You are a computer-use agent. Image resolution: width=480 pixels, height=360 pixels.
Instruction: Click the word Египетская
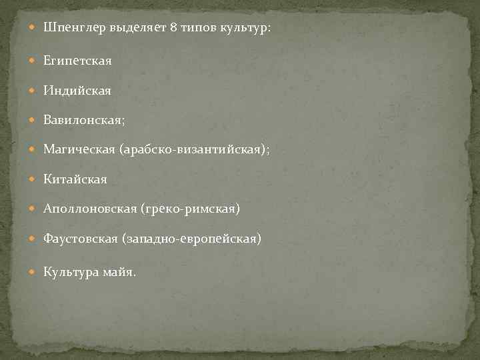tap(77, 61)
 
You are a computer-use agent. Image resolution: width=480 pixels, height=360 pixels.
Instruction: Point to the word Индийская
tap(77, 90)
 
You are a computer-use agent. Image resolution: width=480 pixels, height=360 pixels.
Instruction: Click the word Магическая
tap(79, 150)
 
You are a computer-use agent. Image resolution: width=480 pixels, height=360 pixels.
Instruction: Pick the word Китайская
tap(75, 179)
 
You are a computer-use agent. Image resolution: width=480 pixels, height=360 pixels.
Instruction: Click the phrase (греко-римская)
tap(190, 209)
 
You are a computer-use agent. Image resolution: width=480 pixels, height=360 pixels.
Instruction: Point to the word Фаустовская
tap(81, 239)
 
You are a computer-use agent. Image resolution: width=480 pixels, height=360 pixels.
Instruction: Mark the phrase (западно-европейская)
tap(193, 239)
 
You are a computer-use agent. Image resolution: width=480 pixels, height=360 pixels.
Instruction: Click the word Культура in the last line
tap(71, 271)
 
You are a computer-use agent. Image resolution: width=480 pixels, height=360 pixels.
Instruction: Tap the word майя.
tap(120, 271)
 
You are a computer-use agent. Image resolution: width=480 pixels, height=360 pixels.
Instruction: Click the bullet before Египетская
tap(34, 61)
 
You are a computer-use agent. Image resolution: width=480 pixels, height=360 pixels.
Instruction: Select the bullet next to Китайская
tap(34, 179)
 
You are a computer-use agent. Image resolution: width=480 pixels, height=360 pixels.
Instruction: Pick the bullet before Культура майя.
tap(34, 271)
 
